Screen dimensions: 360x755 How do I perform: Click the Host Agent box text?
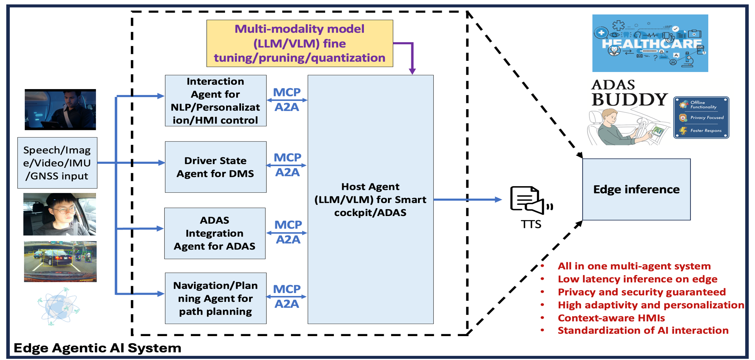(370, 199)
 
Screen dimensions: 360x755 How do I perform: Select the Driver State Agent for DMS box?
(215, 167)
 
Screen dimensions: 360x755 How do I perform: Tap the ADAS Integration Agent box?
(215, 233)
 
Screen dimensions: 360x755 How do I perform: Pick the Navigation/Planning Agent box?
(215, 298)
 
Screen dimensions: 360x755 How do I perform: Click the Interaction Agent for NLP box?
(215, 101)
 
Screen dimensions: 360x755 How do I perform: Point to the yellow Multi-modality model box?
(300, 43)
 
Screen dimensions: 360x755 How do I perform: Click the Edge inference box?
(636, 189)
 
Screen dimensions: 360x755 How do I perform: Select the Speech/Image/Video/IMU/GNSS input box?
(57, 163)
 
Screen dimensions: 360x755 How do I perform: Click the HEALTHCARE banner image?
(650, 43)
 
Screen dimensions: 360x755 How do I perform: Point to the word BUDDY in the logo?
(629, 100)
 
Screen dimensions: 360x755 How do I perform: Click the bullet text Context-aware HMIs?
(611, 318)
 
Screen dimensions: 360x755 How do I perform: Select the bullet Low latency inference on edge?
(637, 279)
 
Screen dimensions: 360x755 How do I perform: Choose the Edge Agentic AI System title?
(97, 348)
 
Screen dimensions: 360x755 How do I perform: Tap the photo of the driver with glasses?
(60, 214)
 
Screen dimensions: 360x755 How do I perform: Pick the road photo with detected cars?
(60, 261)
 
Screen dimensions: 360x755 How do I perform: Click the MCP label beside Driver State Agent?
(287, 157)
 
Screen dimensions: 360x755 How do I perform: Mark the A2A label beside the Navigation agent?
(287, 304)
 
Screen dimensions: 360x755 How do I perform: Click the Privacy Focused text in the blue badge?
(707, 118)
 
